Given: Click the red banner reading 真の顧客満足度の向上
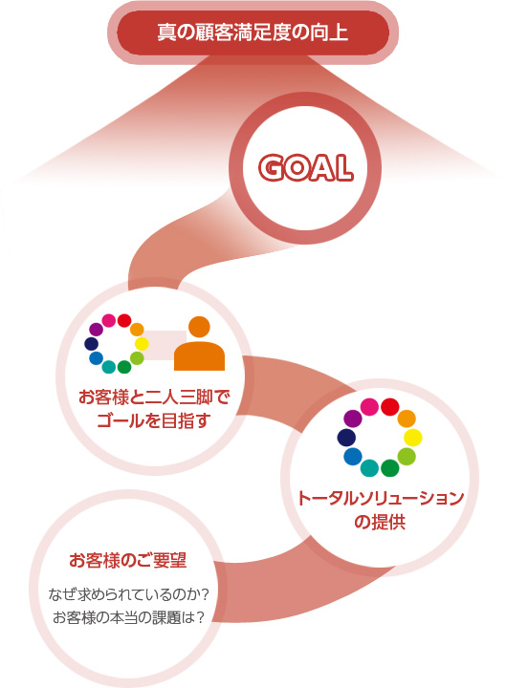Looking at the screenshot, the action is coord(253,32).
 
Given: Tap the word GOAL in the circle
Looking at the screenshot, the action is coord(306,167).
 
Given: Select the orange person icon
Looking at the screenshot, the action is coord(199,344).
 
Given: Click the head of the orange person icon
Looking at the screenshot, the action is coord(199,327).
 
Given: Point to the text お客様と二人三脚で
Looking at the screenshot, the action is coord(154,398).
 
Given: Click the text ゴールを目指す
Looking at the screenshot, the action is coord(153,420).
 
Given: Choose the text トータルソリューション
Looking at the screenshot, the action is coord(381,499).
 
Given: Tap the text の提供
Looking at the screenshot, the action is coord(380,522).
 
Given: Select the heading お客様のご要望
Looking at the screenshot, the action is coord(128,560).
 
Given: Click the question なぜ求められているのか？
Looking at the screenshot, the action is coord(128,595).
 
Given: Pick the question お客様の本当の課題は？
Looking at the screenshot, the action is coord(128,617).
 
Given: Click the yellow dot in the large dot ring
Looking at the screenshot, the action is coord(413,438).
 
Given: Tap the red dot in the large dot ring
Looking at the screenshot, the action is coord(389,407).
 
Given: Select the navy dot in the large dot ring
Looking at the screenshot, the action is coord(346,438).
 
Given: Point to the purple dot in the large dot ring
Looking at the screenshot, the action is coord(353,419).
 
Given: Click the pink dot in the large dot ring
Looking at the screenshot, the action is coord(369,407).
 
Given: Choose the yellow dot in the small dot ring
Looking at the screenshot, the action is coord(142,344).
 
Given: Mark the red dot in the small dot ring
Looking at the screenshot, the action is coord(124,321).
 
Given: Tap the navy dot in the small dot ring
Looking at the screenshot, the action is coord(92,344).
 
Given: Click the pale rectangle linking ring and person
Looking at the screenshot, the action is coord(163,345).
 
